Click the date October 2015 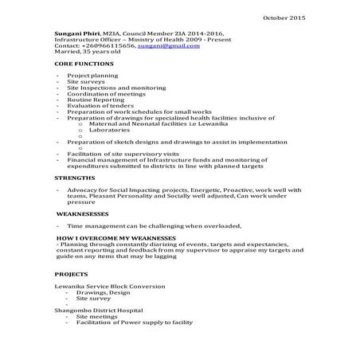(284, 17)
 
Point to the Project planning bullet (92, 75)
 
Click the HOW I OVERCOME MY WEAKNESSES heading (115, 238)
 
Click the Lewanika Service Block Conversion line (104, 285)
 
